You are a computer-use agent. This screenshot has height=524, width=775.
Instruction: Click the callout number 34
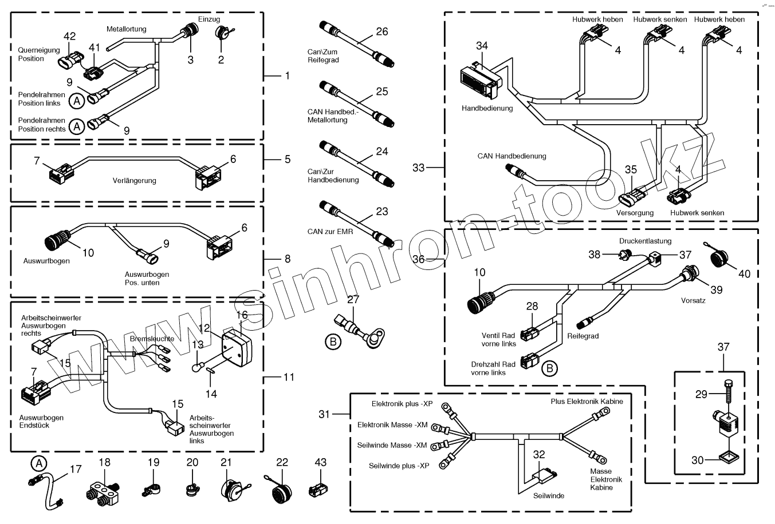click(482, 46)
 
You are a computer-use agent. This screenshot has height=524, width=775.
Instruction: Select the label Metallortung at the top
click(126, 29)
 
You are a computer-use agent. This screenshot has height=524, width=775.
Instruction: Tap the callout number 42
click(69, 37)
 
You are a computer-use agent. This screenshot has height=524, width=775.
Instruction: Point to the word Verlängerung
click(134, 181)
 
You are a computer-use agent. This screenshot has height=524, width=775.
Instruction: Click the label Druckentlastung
click(645, 241)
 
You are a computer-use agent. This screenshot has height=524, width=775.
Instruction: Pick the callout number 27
click(353, 299)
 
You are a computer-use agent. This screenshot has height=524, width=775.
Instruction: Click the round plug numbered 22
click(277, 490)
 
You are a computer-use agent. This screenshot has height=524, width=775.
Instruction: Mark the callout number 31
click(324, 414)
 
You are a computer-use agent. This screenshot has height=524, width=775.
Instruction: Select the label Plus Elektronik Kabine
click(587, 402)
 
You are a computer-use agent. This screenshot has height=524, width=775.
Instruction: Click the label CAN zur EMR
click(330, 232)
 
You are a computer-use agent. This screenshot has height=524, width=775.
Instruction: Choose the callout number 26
click(382, 32)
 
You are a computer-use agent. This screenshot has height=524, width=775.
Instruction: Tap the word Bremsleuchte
click(152, 339)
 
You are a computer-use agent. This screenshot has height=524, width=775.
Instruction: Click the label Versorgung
click(635, 213)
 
